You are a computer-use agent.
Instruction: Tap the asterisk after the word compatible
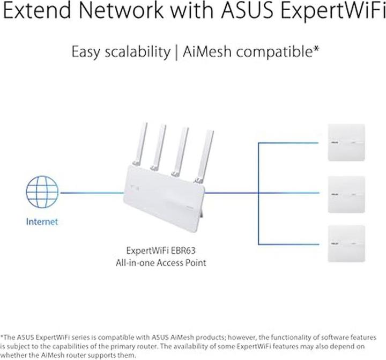click(x=317, y=49)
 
